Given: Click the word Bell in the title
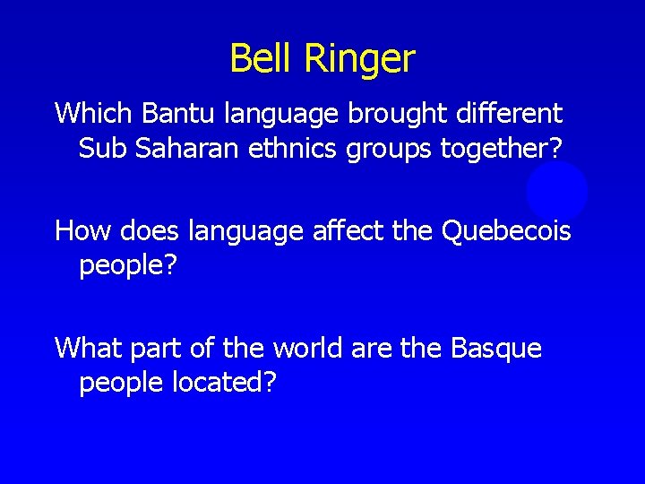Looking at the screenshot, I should click(x=262, y=59).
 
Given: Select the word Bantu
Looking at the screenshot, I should click(x=171, y=114).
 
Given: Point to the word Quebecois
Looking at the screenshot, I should click(x=506, y=232).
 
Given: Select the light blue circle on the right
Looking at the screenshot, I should click(x=557, y=191).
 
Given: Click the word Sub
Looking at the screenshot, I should click(x=103, y=148).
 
